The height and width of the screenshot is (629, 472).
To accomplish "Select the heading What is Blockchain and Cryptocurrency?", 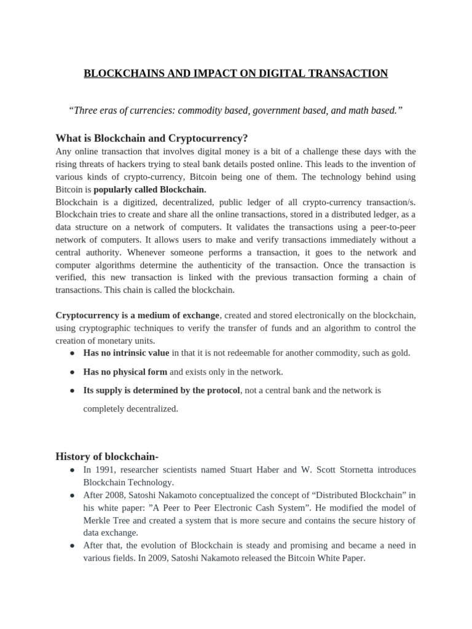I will coord(151,138).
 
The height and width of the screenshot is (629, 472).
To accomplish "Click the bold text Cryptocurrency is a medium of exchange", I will coord(137,315).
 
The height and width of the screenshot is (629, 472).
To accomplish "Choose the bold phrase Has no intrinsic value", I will coord(126,353).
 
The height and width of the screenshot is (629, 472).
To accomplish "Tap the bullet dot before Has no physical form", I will coord(73,372).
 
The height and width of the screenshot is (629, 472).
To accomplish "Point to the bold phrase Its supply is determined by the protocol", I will coord(162,390).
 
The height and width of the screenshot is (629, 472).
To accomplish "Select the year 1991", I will coord(105,470).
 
